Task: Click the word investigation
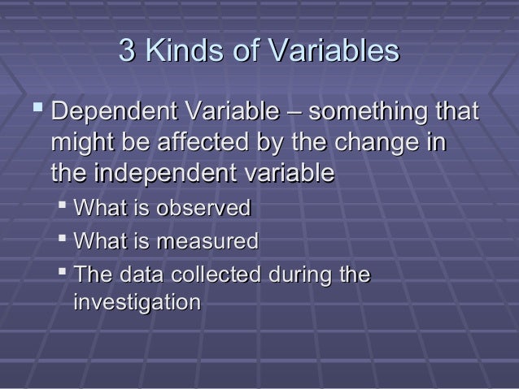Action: pyautogui.click(x=137, y=304)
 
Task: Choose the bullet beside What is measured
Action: pyautogui.click(x=63, y=240)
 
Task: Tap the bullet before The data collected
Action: pyautogui.click(x=63, y=273)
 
